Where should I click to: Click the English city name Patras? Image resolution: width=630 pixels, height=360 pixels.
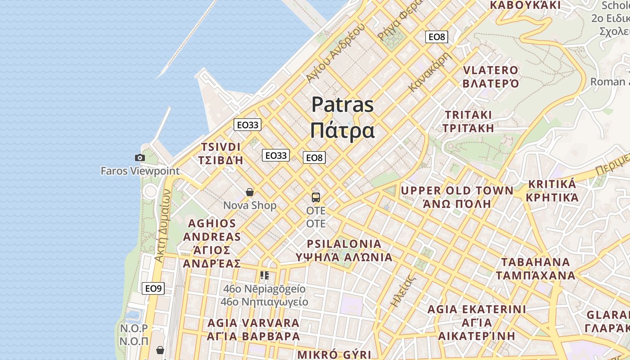click(342, 105)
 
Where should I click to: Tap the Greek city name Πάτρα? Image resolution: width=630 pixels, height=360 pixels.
click(342, 130)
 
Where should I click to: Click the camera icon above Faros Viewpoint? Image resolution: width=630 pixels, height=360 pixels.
click(140, 157)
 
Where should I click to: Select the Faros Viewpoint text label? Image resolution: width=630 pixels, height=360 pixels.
click(140, 171)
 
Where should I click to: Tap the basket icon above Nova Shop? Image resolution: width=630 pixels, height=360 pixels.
click(250, 193)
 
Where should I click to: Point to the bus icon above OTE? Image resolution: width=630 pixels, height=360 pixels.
click(316, 197)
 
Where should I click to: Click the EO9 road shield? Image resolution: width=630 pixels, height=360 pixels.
click(153, 288)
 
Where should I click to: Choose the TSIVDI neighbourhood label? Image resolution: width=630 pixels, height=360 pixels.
click(221, 147)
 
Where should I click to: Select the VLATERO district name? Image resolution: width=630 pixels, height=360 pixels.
click(490, 70)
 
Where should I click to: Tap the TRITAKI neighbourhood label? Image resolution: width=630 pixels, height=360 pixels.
click(468, 115)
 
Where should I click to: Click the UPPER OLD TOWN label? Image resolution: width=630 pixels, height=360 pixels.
click(457, 191)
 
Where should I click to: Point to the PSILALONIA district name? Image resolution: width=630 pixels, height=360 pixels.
click(344, 244)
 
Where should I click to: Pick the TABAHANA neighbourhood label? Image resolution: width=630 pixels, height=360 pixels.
click(535, 262)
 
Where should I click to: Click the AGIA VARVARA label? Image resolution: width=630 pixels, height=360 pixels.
click(253, 323)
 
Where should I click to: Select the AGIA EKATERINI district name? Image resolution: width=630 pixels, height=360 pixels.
click(477, 309)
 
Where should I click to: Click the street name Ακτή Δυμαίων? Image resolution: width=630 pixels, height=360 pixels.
click(162, 225)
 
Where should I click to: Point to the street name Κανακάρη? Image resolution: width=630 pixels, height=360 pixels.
click(430, 72)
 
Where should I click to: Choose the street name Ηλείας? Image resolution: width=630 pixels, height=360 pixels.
click(402, 291)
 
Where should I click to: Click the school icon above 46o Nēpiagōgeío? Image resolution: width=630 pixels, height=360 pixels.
click(265, 275)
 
